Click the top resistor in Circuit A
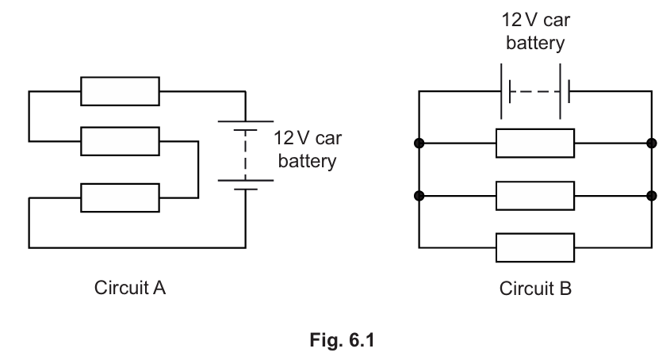(120, 91)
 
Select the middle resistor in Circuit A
(120, 142)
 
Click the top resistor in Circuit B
(535, 144)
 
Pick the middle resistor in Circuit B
(535, 195)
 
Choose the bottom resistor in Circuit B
(535, 246)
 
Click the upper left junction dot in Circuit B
(419, 144)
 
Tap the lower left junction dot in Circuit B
(419, 195)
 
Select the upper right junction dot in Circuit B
(652, 144)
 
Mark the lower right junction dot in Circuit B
(652, 195)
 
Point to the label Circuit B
(535, 288)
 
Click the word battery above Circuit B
(535, 43)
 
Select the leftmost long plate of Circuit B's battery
(502, 91)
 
